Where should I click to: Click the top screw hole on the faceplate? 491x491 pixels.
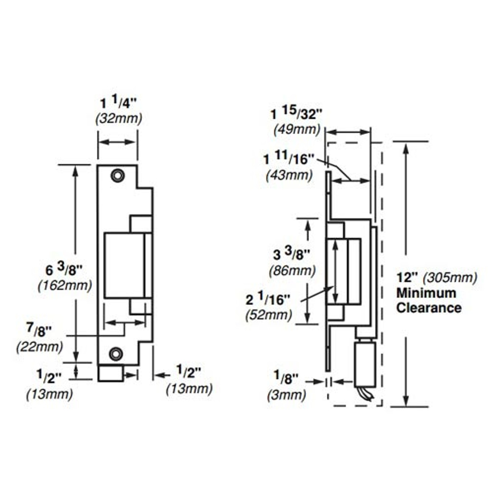click(x=117, y=175)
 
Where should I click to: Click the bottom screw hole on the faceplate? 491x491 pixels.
click(x=116, y=353)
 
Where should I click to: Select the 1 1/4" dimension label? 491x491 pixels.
click(x=119, y=103)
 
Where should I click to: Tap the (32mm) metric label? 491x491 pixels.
click(x=119, y=119)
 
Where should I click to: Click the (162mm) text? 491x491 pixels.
click(x=65, y=285)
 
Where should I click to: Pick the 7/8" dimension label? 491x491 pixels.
click(x=39, y=330)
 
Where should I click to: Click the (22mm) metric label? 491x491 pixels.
click(x=40, y=347)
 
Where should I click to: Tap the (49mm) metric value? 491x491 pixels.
click(x=297, y=130)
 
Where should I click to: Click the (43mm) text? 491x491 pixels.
click(x=289, y=175)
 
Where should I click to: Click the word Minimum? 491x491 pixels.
click(x=426, y=293)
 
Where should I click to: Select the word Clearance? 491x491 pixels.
click(x=428, y=308)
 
